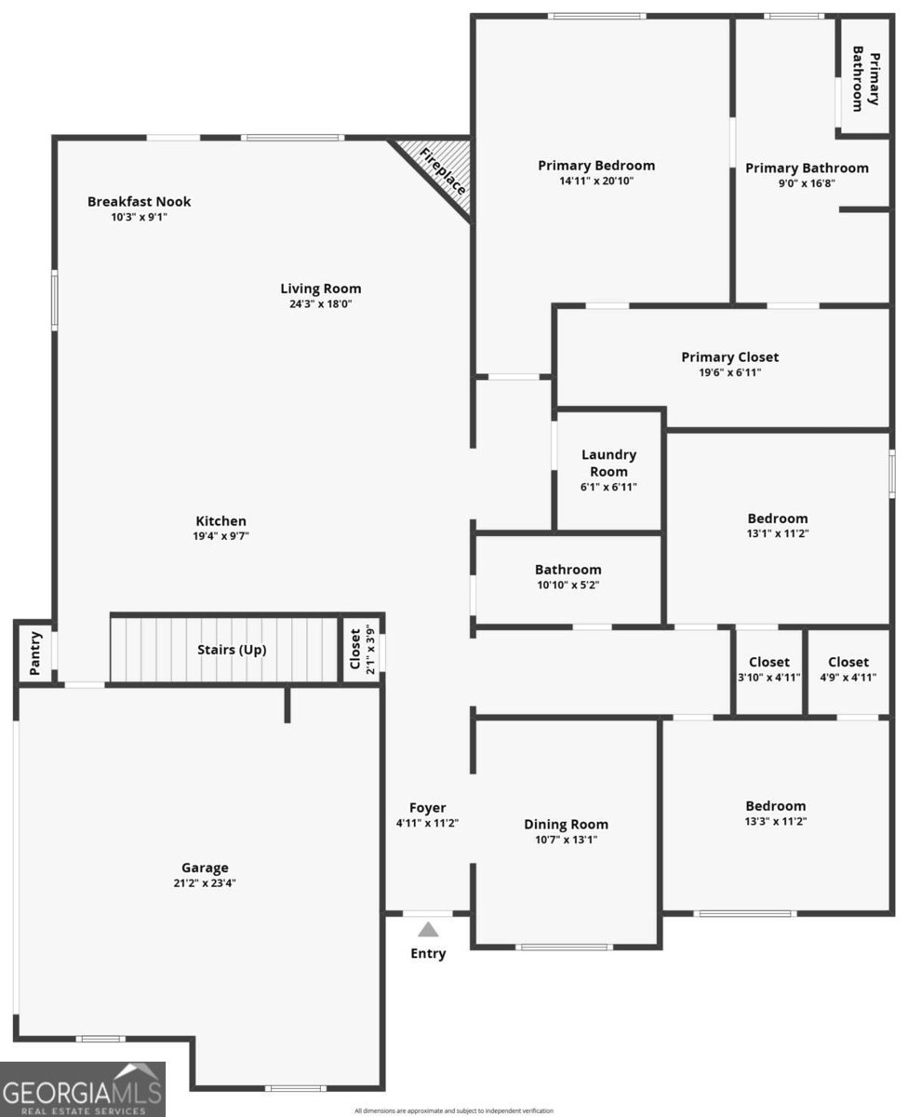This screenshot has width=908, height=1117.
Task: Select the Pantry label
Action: (35, 653)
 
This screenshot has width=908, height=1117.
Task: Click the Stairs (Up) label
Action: (232, 650)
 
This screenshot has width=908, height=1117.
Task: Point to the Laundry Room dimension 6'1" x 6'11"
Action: (608, 487)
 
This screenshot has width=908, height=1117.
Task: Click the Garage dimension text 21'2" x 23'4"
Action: (205, 882)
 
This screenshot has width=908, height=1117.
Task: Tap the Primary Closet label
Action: (730, 357)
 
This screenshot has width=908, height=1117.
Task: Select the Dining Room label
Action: (566, 824)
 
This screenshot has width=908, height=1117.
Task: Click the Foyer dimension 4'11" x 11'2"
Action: (427, 823)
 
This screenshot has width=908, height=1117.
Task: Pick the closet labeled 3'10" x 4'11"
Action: (769, 669)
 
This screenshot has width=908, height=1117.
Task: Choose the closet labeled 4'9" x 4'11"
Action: (848, 669)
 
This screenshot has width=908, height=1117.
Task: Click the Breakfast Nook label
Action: (139, 201)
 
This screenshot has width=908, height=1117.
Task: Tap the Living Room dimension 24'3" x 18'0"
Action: (321, 303)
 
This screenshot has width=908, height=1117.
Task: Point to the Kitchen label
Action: (220, 520)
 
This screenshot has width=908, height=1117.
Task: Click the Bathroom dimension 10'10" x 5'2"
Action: (567, 585)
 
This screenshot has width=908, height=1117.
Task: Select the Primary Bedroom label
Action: (596, 166)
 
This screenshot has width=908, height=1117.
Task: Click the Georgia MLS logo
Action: (83, 1089)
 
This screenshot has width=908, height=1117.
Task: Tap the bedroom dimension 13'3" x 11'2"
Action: (776, 821)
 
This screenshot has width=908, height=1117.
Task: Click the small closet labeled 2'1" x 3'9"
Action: (362, 649)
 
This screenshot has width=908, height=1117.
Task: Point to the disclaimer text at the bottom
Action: (454, 1110)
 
